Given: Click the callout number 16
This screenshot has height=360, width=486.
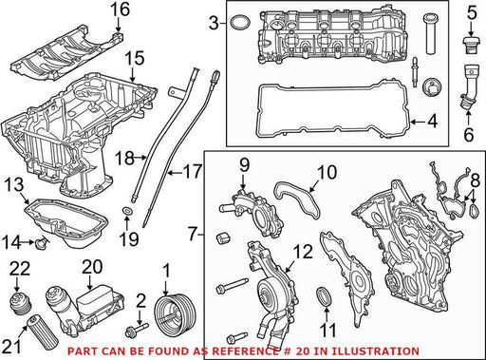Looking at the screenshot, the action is [120, 9].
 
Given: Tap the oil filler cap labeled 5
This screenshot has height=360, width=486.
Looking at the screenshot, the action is [472, 46].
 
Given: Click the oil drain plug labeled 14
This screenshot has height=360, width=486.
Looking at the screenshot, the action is [42, 243].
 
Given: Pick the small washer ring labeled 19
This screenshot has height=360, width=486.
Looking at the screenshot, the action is [127, 211].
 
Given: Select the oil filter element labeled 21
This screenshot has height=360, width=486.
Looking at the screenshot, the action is [43, 332].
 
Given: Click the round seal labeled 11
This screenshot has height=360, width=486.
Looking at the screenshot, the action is [325, 296].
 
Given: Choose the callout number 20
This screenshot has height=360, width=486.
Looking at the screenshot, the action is [92, 267].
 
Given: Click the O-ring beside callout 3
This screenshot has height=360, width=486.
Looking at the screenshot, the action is [239, 23].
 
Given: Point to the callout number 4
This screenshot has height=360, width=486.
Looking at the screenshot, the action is [432, 122].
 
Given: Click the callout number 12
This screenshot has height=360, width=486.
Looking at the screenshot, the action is [303, 253].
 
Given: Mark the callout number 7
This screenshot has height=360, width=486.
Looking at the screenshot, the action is [194, 235].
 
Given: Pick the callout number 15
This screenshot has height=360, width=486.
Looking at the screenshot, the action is [135, 59].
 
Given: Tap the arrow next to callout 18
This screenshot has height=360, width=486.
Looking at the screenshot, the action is [140, 157].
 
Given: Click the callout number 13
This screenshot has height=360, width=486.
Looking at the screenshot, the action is [14, 185].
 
